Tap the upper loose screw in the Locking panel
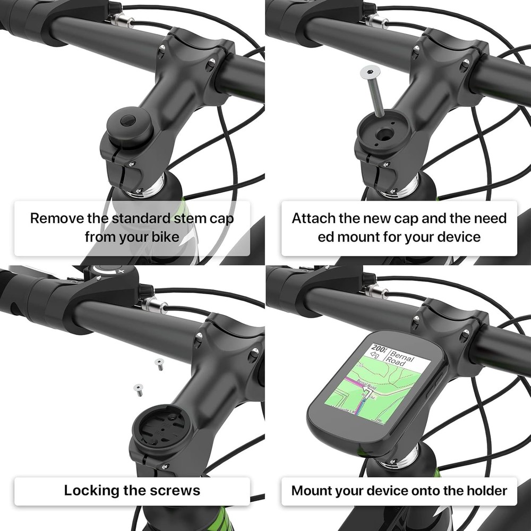[159, 364]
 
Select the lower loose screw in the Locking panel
[138, 390]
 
